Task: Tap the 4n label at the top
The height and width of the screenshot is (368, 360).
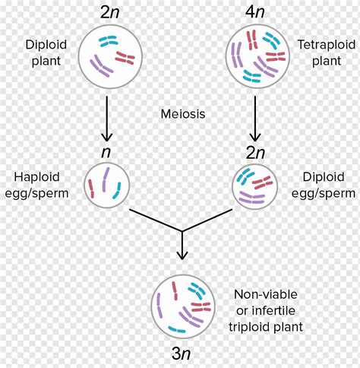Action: pos(254,12)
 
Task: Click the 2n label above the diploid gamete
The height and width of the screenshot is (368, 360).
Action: pos(254,152)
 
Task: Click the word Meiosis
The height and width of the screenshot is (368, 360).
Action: pos(181,114)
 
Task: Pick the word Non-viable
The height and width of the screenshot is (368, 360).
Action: pos(264,293)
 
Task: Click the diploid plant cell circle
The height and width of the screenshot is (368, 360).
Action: pos(107,53)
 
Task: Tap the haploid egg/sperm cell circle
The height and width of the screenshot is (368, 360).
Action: pos(107,186)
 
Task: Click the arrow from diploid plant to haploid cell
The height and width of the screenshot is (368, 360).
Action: pos(107,114)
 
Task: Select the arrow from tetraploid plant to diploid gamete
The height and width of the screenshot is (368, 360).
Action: pos(254,114)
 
